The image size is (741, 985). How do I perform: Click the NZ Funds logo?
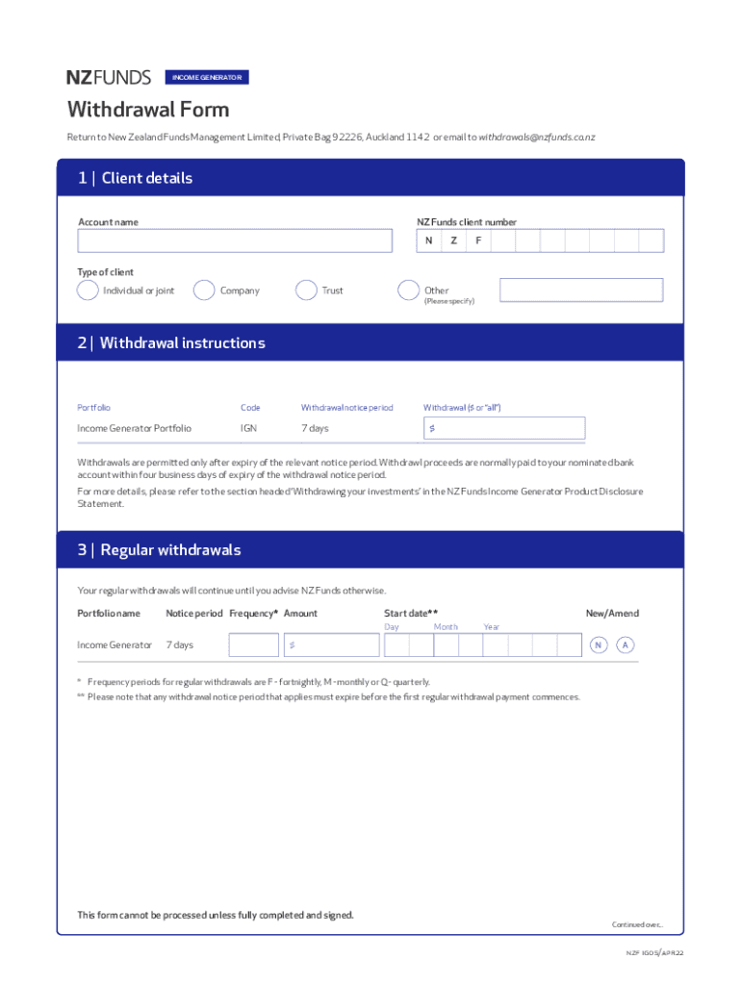pyautogui.click(x=110, y=77)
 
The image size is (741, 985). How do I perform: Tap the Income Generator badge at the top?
pyautogui.click(x=207, y=77)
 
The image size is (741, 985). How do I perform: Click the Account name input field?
pyautogui.click(x=235, y=240)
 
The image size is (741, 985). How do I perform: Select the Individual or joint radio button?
pyautogui.click(x=88, y=290)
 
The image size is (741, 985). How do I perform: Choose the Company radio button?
pyautogui.click(x=204, y=290)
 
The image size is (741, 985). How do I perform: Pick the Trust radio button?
pyautogui.click(x=307, y=290)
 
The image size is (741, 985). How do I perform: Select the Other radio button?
pyautogui.click(x=409, y=290)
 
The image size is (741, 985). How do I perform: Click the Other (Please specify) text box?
pyautogui.click(x=581, y=290)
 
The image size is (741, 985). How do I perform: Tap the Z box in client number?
pyautogui.click(x=453, y=240)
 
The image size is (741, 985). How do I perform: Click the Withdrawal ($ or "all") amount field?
pyautogui.click(x=503, y=428)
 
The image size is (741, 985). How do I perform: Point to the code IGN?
pyautogui.click(x=248, y=428)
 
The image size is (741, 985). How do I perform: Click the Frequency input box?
pyautogui.click(x=253, y=644)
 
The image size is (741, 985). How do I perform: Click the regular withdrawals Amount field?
pyautogui.click(x=330, y=644)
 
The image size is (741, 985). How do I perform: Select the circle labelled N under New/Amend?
pyautogui.click(x=600, y=644)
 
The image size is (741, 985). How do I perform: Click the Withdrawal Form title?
pyautogui.click(x=148, y=110)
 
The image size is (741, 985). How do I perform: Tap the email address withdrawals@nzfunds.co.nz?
pyautogui.click(x=537, y=138)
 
